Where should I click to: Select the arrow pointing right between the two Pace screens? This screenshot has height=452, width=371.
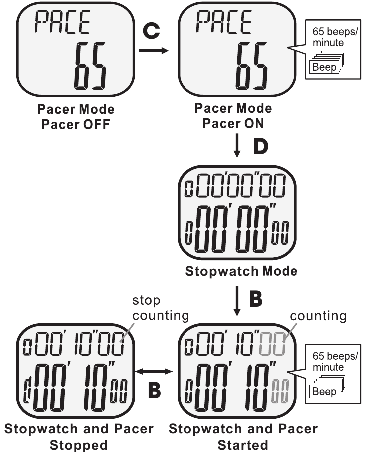pos(153,50)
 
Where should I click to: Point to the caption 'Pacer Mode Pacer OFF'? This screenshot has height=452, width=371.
pos(75,115)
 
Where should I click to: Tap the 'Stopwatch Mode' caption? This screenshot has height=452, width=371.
pos(241,272)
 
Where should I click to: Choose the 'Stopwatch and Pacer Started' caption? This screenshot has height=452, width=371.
pos(243,436)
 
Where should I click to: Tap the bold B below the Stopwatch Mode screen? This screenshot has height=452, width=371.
pos(255,300)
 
